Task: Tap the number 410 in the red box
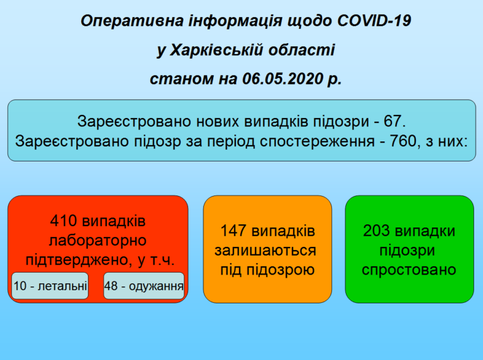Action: pos(64,221)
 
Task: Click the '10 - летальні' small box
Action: pos(50,286)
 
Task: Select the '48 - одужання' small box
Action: pos(144,286)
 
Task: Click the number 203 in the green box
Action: pos(375,231)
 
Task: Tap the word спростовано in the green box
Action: pos(409,270)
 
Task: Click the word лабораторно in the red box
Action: pos(97,241)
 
